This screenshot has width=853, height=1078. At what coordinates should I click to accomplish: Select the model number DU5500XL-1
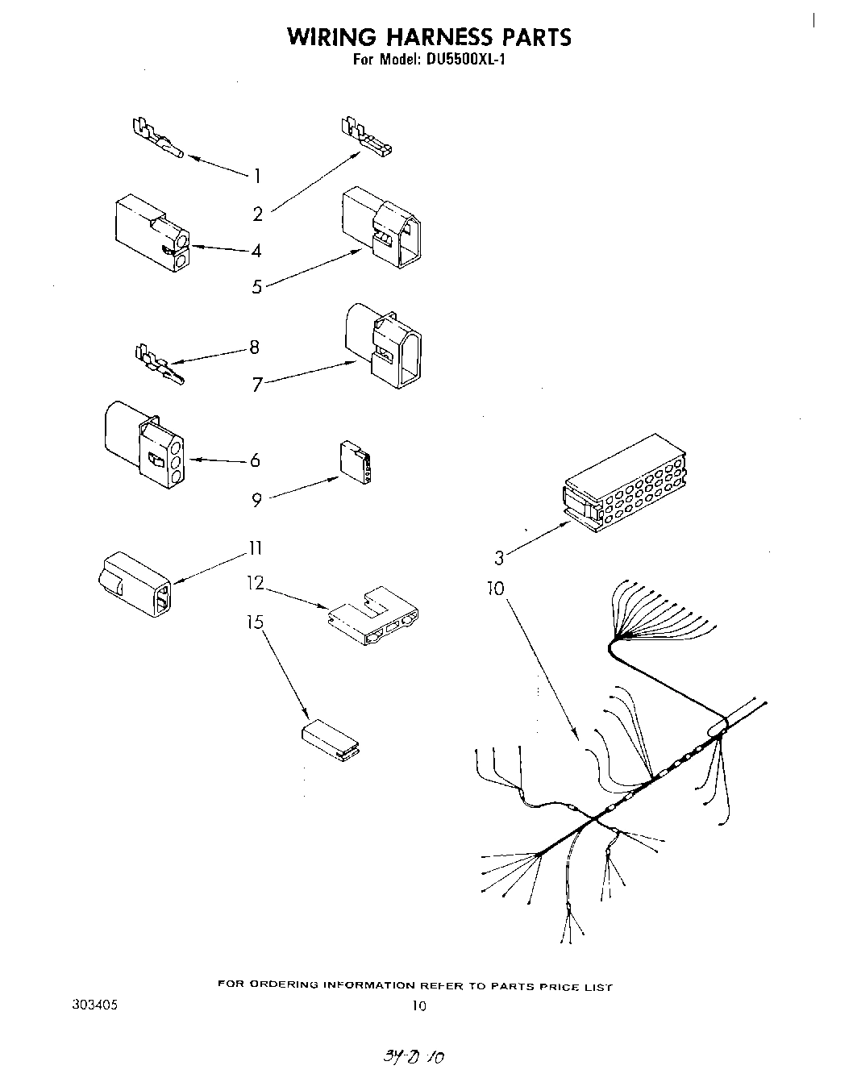click(462, 60)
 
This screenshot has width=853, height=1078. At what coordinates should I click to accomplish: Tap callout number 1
click(257, 175)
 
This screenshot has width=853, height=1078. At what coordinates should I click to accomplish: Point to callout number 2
click(257, 214)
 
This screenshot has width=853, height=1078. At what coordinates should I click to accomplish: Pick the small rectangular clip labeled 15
click(331, 739)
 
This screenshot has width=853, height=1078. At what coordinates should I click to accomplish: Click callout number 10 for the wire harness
click(495, 589)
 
